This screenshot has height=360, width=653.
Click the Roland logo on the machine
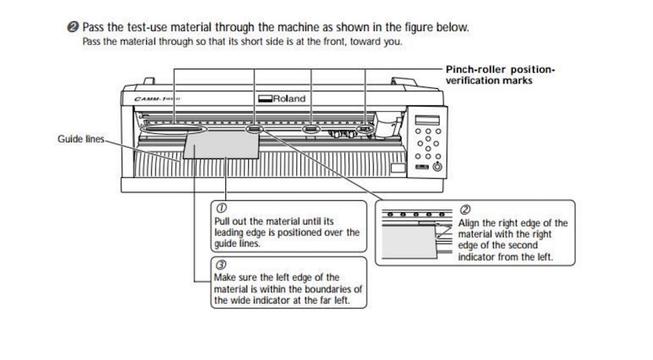(x=282, y=99)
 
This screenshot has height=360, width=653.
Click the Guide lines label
(x=78, y=139)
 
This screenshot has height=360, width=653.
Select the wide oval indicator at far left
(x=172, y=130)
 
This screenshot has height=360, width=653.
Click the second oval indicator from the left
(x=254, y=129)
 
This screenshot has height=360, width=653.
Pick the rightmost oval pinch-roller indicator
(x=366, y=129)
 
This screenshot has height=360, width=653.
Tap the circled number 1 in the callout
(x=218, y=208)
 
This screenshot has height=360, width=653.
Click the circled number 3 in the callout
(x=218, y=264)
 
